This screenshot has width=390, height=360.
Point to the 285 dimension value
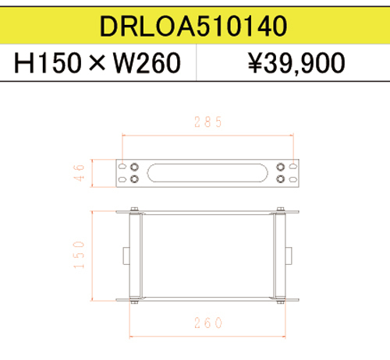[208, 122]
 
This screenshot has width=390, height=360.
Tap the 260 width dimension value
[207, 322]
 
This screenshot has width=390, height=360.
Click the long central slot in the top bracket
[207, 172]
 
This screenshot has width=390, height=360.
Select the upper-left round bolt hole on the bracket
[135, 167]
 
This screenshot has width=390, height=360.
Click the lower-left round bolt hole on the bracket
[135, 178]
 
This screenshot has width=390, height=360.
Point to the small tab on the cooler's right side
[292, 255]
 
